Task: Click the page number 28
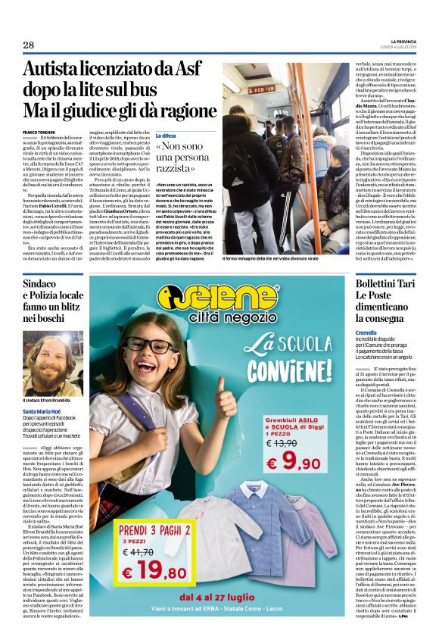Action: pos(30,45)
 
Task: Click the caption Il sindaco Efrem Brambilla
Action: pos(48,400)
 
